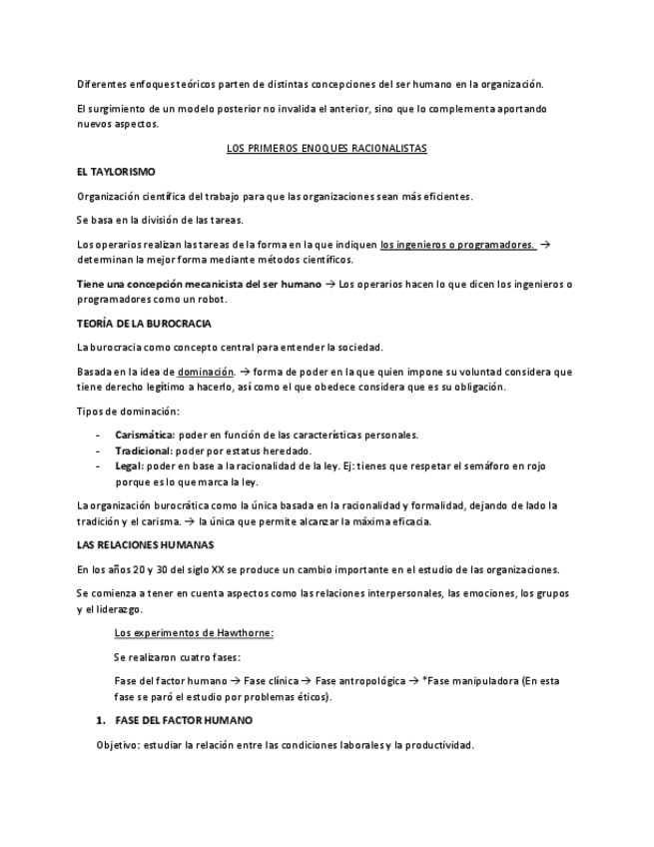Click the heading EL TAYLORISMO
tap(116, 172)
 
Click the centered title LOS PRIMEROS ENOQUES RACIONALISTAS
tap(327, 148)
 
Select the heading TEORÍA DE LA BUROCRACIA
tap(144, 324)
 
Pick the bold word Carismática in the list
tap(145, 434)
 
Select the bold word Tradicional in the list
tap(144, 450)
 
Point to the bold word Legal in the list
tap(129, 465)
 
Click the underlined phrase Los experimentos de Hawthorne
tap(194, 632)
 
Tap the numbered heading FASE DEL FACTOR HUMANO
tap(184, 719)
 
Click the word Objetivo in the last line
tap(117, 744)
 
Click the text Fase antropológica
tap(356, 680)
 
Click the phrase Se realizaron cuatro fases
tap(177, 656)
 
